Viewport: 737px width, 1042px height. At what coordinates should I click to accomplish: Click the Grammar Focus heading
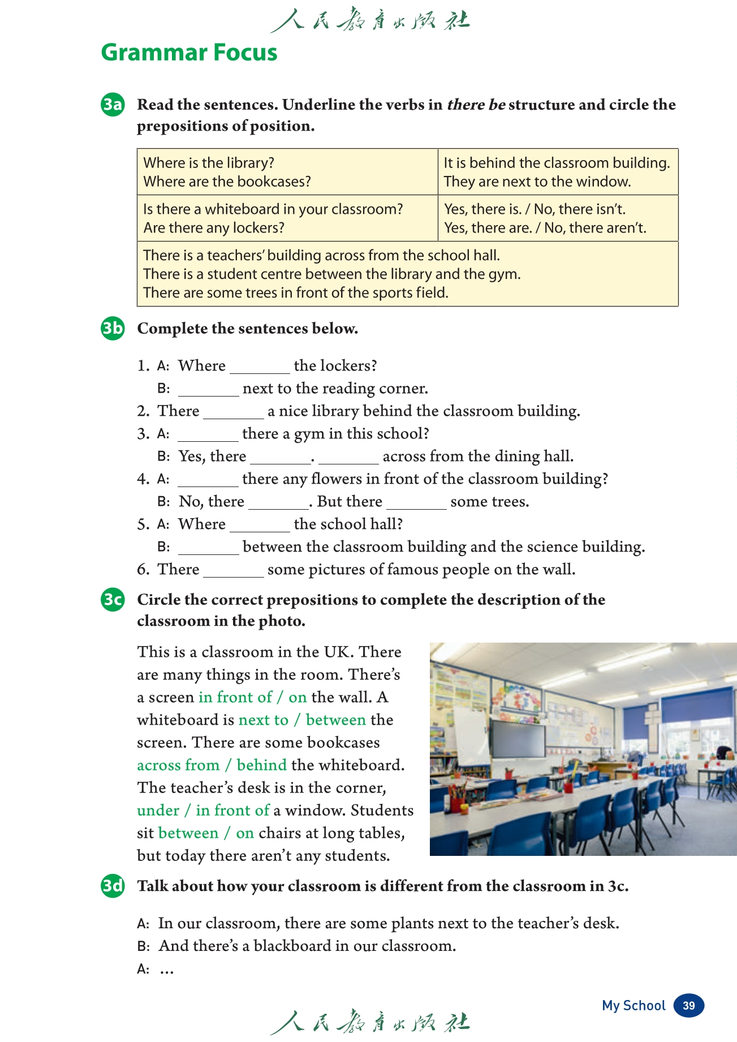tap(189, 53)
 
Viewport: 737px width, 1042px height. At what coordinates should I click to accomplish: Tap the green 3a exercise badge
tap(113, 105)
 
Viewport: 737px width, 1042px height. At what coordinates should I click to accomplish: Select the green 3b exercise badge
tap(113, 329)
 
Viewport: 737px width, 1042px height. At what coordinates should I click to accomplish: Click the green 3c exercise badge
tap(113, 599)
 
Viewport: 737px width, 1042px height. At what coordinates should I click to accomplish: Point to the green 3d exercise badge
tap(113, 885)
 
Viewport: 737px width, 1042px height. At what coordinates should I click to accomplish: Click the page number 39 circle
tap(688, 1005)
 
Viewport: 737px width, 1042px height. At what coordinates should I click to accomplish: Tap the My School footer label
tap(633, 1005)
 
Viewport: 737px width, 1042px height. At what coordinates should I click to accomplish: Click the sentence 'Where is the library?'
tap(209, 163)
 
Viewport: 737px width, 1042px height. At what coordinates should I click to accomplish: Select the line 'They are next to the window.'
tap(537, 182)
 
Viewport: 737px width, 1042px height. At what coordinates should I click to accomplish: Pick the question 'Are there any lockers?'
tap(214, 228)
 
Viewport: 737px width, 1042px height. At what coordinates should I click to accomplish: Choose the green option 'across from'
tap(178, 765)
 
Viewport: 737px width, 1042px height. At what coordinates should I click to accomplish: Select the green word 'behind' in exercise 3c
tap(262, 765)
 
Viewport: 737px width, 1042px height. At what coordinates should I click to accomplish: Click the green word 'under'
tap(158, 811)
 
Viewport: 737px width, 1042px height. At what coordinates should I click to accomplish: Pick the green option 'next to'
tap(264, 720)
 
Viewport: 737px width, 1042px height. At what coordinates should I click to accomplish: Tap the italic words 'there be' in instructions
tap(476, 105)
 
